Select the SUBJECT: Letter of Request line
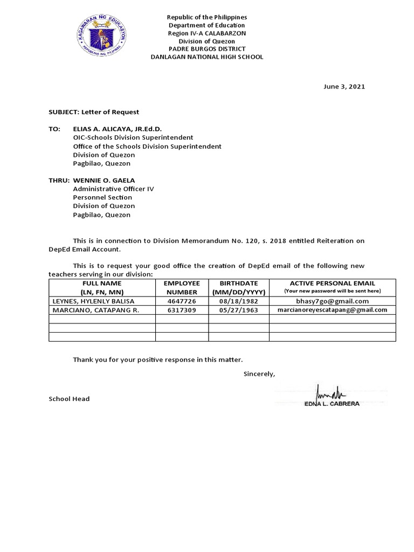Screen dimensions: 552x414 tap(94, 112)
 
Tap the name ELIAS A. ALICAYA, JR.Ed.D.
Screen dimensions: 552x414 tap(117, 129)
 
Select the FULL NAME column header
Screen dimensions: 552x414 tap(102, 287)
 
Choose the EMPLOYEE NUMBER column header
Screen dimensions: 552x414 tap(182, 287)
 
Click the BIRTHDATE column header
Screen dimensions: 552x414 tap(239, 287)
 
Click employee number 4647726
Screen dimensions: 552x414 tap(182, 301)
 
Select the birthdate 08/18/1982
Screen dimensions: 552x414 tap(239, 301)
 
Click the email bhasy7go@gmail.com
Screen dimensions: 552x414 tap(332, 301)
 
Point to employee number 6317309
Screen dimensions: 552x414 tap(182, 310)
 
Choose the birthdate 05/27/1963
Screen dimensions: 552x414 tap(239, 310)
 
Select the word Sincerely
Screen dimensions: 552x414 tap(259, 374)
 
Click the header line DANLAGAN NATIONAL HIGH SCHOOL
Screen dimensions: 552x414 tap(206, 57)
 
